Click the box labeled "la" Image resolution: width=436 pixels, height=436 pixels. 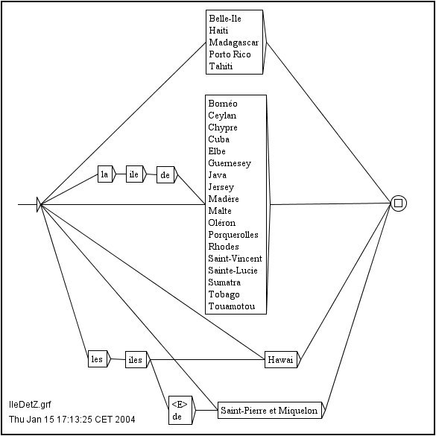click(105, 174)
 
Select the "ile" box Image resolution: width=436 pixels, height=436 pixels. click(134, 174)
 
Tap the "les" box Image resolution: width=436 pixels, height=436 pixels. click(98, 358)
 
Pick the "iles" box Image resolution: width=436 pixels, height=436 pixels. click(136, 359)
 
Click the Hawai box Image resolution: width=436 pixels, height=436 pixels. click(281, 359)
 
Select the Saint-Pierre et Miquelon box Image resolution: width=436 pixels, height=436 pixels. click(270, 410)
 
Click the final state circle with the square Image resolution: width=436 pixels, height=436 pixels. click(399, 203)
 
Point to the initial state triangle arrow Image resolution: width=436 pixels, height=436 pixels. click(39, 205)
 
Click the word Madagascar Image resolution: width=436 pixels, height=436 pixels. click(234, 42)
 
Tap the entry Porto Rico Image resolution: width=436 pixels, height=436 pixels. click(230, 54)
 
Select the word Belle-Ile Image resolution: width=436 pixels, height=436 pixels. click(225, 19)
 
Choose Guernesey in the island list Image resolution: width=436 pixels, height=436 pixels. click(230, 163)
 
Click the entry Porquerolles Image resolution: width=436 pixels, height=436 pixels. click(233, 235)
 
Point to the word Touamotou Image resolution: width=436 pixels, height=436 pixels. click(232, 306)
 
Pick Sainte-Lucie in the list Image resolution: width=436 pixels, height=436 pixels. click(233, 271)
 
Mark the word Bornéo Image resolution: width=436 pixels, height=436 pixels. click(223, 104)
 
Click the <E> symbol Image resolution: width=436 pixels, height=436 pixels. click(180, 405)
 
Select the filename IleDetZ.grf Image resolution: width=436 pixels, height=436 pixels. click(30, 404)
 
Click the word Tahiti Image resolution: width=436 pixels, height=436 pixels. click(221, 66)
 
